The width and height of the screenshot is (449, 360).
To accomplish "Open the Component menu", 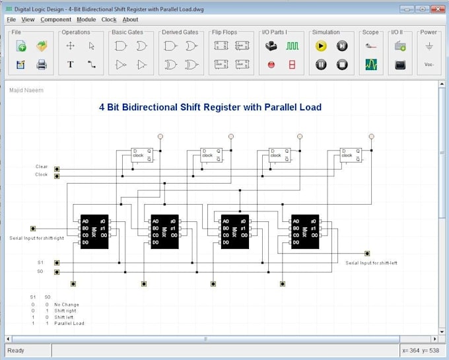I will (x=55, y=20).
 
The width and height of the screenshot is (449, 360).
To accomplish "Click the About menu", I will (x=131, y=20).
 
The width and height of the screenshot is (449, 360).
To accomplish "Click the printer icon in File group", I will (x=42, y=65).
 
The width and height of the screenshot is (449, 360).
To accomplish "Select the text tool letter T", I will (x=71, y=65).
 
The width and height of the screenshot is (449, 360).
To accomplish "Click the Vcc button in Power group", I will (x=429, y=65).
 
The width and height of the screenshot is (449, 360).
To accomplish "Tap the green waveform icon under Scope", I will (x=371, y=65).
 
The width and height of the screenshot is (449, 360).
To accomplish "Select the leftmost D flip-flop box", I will (x=141, y=155).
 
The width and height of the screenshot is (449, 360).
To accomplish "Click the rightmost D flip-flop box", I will (x=351, y=155).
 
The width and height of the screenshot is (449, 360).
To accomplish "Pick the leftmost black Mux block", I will (x=94, y=231).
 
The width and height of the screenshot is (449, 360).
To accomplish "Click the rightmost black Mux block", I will (x=304, y=231).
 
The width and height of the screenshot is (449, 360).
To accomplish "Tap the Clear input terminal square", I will (x=57, y=168).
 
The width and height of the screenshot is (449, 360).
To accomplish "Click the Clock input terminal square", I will (x=57, y=175).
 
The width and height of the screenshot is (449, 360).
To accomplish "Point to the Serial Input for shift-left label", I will (x=371, y=263).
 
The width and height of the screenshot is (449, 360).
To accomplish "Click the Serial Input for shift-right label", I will (x=36, y=238).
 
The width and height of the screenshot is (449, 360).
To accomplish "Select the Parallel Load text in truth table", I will (x=69, y=324).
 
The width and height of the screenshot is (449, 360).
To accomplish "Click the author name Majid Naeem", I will (x=26, y=90).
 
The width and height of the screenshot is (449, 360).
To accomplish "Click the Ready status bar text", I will (x=16, y=351).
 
